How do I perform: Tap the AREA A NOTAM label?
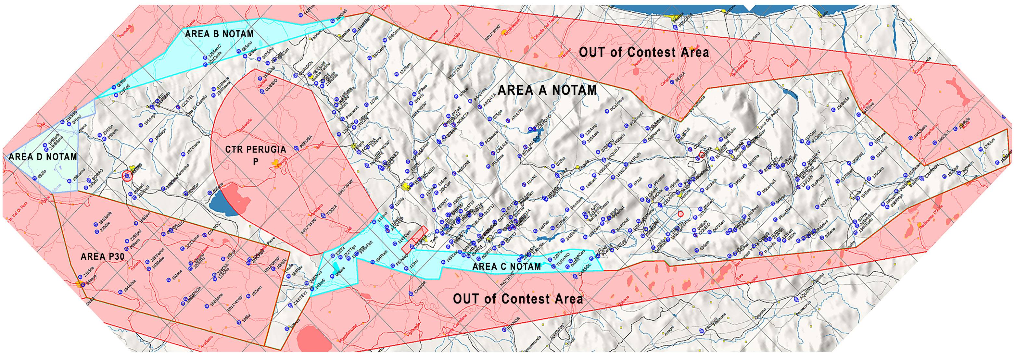pyautogui.click(x=547, y=90)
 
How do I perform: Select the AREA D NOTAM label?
pyautogui.click(x=43, y=157)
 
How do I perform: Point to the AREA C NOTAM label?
pyautogui.click(x=506, y=267)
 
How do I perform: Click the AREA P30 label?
pyautogui.click(x=102, y=257)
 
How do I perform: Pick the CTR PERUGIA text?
pyautogui.click(x=255, y=150)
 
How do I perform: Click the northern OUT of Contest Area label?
pyautogui.click(x=644, y=52)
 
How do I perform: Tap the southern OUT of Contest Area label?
pyautogui.click(x=518, y=299)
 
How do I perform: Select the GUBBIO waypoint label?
pyautogui.click(x=271, y=85)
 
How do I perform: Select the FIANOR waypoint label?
pyautogui.click(x=514, y=323)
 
